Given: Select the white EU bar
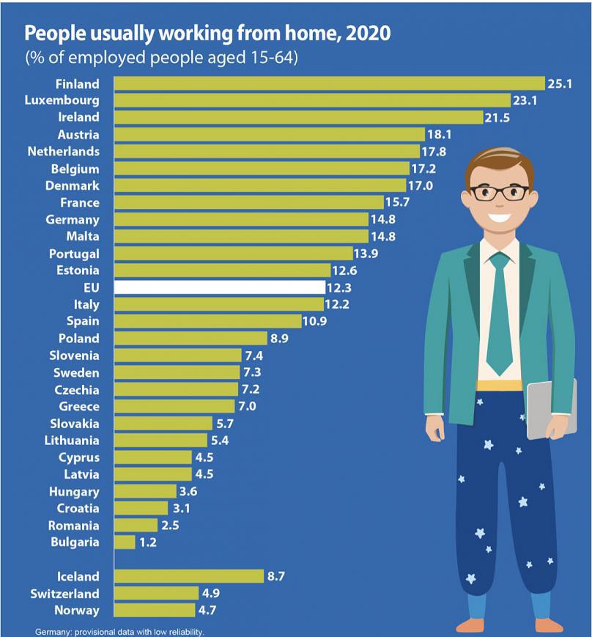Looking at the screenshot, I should coord(220,287).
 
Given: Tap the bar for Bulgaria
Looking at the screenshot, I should coord(125,542).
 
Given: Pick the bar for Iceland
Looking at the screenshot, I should coord(189,576).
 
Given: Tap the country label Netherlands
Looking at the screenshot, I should coord(63,152).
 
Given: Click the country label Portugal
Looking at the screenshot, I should coord(74,254).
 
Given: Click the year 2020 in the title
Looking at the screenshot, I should coord(370,34).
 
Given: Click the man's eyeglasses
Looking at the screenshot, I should coord(500,193).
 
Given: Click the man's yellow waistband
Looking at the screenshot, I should coord(499,385).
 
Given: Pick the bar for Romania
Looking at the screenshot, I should coord(136,525).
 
